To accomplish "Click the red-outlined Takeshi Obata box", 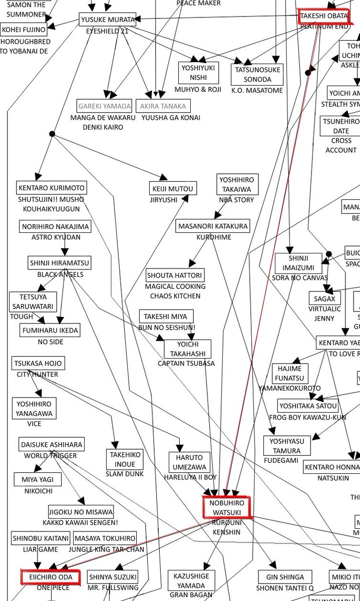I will point(323,17).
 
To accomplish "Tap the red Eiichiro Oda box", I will point(50,577).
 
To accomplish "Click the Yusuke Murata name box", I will point(107,20).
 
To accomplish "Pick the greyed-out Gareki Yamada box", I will point(105,106).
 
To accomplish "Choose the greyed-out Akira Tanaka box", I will point(163,106).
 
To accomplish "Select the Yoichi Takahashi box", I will point(188,349).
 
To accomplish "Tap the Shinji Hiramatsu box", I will point(60,262).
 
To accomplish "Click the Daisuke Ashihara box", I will point(52,444).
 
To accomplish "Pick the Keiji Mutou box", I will point(173,188).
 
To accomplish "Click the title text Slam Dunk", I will point(125,474).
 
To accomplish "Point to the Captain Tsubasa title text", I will point(186,364).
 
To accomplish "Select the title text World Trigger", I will point(51,456).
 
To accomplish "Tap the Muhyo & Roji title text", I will point(198,90).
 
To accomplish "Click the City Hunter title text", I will point(38,375).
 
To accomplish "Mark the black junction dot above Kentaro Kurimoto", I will point(52,134).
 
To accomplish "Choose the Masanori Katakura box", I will point(213,226).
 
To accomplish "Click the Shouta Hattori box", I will point(175,275).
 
